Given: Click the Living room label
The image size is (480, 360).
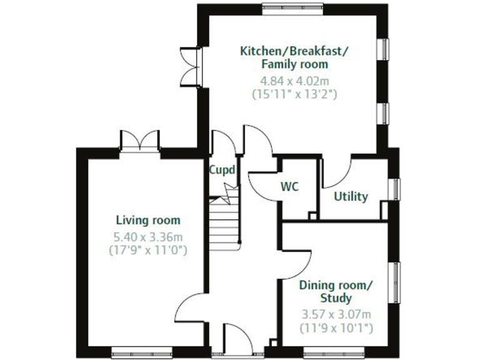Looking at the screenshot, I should tap(148, 220).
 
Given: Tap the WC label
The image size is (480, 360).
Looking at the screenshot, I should tap(289, 186).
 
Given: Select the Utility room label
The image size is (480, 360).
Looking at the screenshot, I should tap(351, 196).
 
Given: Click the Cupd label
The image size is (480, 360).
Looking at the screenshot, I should tap(222, 169).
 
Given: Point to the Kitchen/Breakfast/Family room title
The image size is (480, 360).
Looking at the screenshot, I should tap(294, 57).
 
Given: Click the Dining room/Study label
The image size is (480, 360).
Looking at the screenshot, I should tap(336, 291).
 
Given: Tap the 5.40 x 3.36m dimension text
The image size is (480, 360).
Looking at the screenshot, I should tap(148, 237).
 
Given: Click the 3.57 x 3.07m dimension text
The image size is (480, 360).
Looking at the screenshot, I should tap(336, 314).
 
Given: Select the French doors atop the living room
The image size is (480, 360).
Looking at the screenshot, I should tap(138, 141).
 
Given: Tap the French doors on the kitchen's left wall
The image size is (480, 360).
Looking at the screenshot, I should tap(190, 67).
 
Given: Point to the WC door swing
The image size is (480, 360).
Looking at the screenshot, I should tap(263, 181).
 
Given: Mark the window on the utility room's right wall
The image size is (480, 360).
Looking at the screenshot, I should tap(393, 189).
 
